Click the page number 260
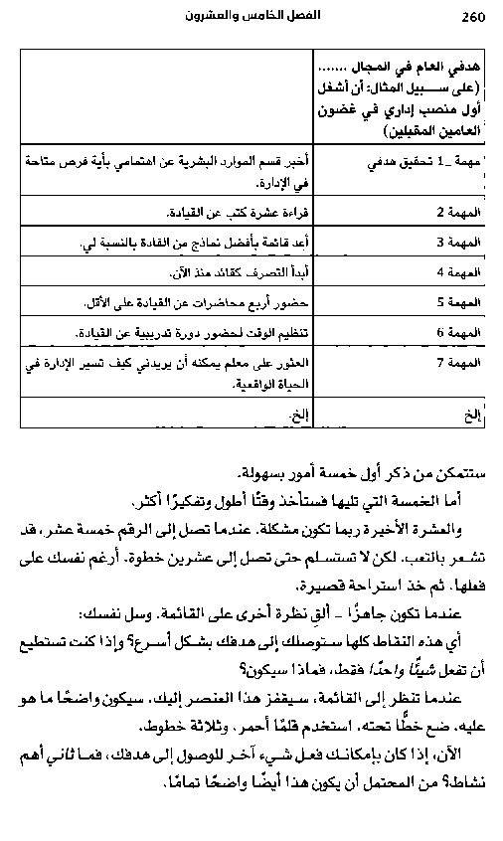coord(472,17)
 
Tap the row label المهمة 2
coord(459,212)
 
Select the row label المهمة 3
coord(459,242)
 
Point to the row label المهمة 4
coord(459,271)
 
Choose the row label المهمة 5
coord(459,301)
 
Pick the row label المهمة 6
coord(459,331)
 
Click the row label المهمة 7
coord(459,362)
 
